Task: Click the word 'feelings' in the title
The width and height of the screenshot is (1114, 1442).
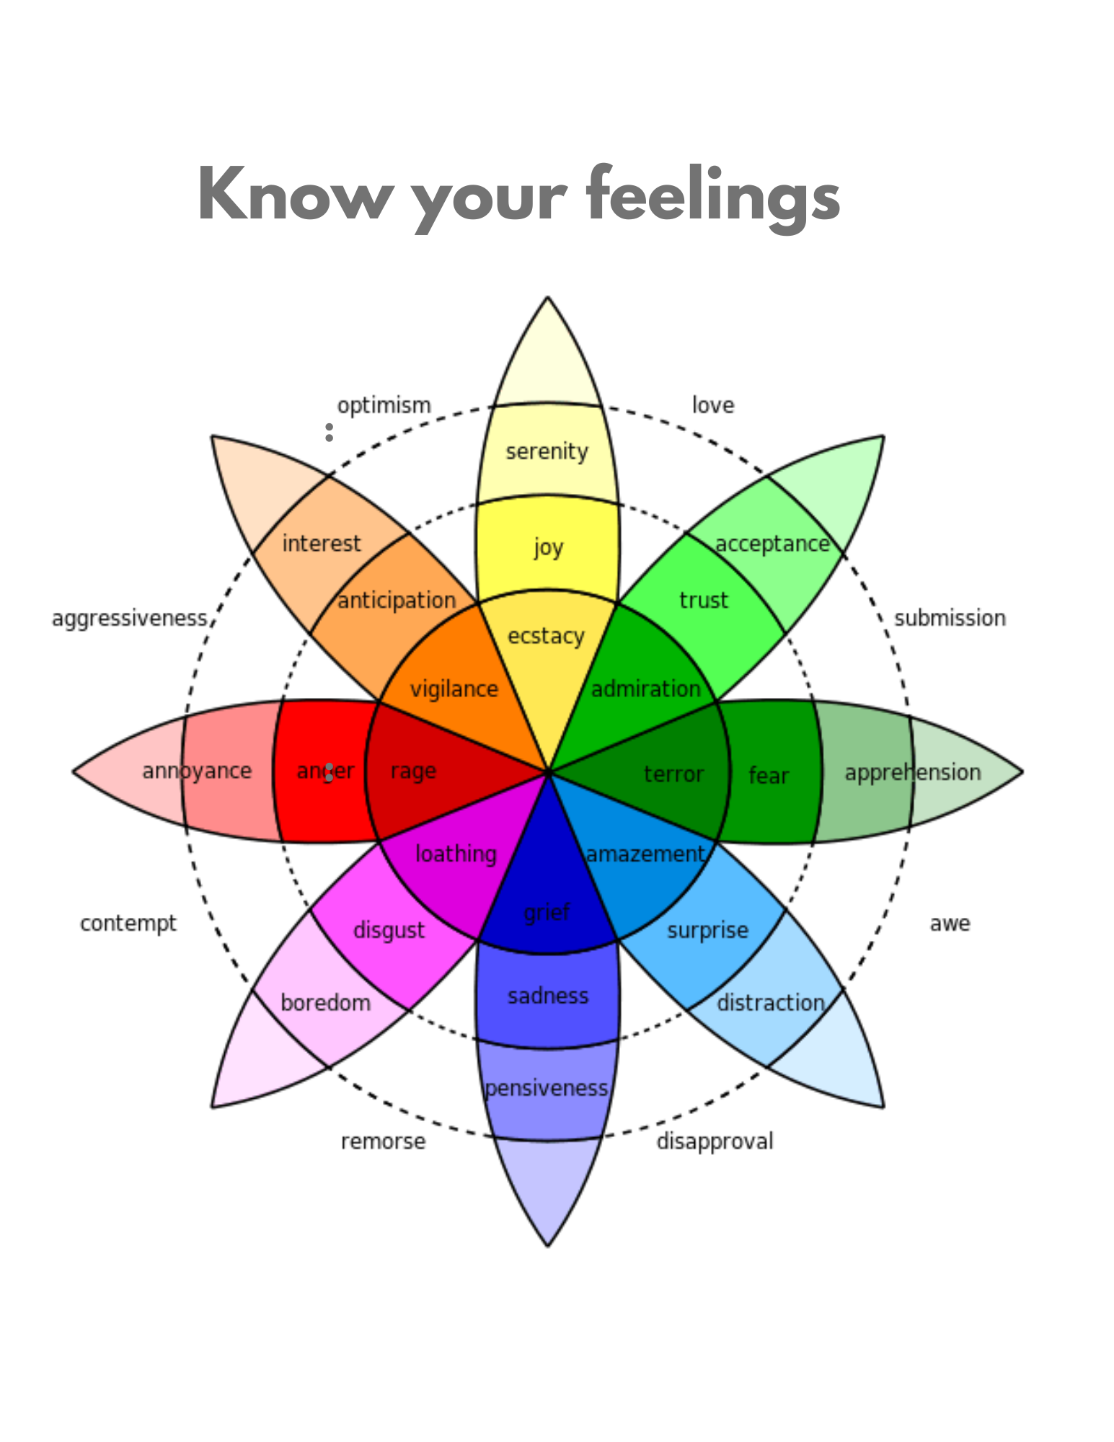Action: [713, 195]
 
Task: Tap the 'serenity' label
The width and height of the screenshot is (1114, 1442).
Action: [547, 452]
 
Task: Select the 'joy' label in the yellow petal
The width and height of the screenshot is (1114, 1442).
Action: [548, 548]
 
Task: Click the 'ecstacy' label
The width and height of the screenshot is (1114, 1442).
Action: [546, 636]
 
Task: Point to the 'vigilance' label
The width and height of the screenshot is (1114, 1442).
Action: [454, 689]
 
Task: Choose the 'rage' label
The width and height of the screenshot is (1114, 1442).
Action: [413, 771]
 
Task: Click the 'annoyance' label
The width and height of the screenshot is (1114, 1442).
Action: [197, 771]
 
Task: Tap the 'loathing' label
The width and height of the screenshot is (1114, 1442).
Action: [456, 854]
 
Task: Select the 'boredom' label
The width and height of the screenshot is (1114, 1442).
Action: [325, 1003]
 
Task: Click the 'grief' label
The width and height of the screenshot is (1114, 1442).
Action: [547, 913]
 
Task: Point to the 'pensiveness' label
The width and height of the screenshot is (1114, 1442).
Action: [547, 1088]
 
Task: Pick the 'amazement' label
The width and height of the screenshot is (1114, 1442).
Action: [645, 854]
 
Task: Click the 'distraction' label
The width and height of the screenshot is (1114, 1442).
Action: [771, 1003]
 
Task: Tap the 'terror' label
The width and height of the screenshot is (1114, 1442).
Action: [673, 774]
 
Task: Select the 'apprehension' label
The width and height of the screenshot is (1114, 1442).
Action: [913, 773]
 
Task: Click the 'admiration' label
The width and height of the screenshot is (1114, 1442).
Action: [646, 689]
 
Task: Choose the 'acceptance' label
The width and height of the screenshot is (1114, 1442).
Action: [772, 544]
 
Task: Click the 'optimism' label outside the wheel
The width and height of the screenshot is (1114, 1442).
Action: [384, 405]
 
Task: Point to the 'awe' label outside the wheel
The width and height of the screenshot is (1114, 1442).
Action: [950, 924]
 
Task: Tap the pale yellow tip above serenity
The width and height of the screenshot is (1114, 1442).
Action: [548, 360]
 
